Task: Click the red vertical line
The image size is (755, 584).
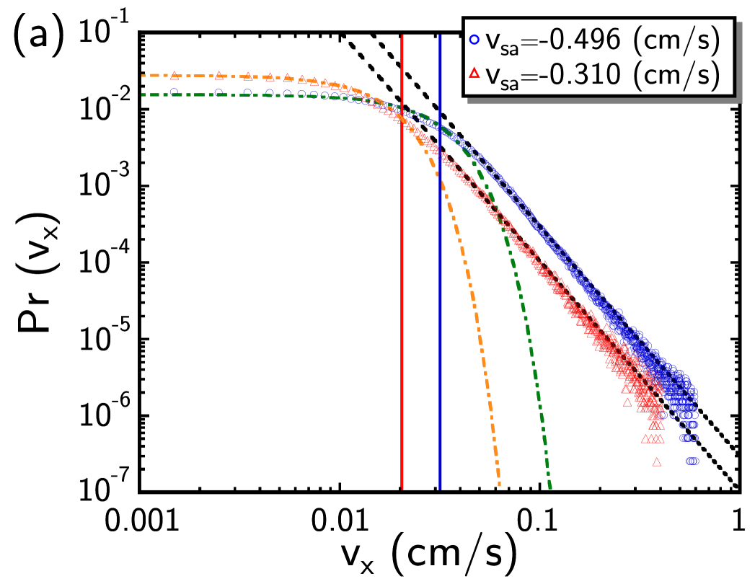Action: pyautogui.click(x=402, y=288)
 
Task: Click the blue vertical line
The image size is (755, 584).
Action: pyautogui.click(x=440, y=303)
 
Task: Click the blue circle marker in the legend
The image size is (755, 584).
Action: pyautogui.click(x=474, y=41)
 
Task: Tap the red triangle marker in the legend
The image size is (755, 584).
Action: pyautogui.click(x=474, y=74)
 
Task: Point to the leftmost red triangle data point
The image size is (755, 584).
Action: pyautogui.click(x=174, y=75)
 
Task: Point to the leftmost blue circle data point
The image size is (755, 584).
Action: pyautogui.click(x=174, y=92)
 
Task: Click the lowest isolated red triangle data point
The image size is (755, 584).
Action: pyautogui.click(x=657, y=461)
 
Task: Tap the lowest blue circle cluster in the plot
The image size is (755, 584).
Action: pyautogui.click(x=692, y=461)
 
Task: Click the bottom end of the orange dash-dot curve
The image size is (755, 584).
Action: pyautogui.click(x=499, y=485)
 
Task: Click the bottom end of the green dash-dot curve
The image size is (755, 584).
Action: pyautogui.click(x=550, y=487)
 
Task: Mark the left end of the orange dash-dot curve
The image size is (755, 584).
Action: pyautogui.click(x=143, y=75)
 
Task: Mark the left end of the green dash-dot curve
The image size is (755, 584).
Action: pyautogui.click(x=143, y=94)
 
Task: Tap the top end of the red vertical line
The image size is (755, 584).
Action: pyautogui.click(x=402, y=35)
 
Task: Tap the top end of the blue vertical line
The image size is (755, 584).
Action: pyautogui.click(x=440, y=35)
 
